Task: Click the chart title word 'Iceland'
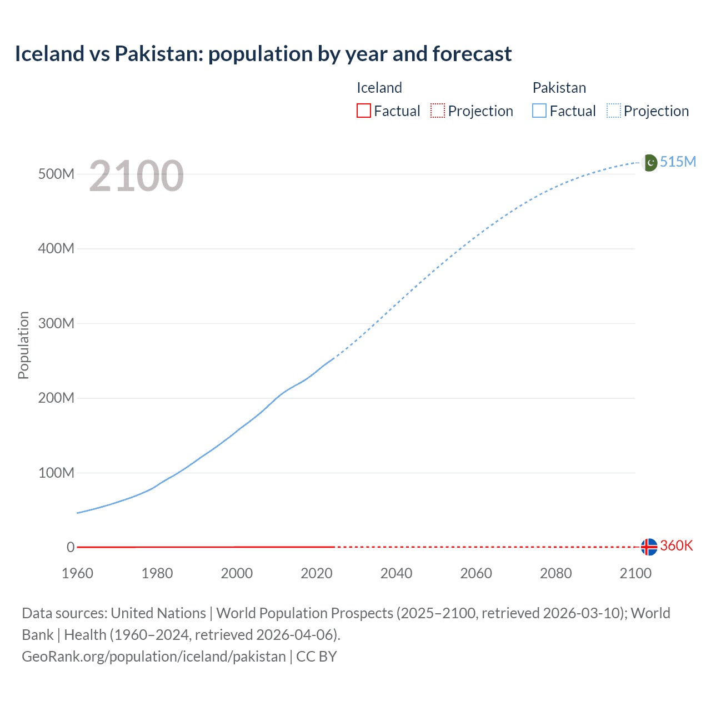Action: (x=49, y=54)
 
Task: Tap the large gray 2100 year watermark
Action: (x=136, y=176)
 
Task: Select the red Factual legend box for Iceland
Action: (x=363, y=111)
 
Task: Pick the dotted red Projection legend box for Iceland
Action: (x=438, y=111)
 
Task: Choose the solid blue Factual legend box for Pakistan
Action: (x=539, y=111)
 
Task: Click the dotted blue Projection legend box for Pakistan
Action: (x=613, y=111)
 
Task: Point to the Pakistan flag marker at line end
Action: (x=649, y=162)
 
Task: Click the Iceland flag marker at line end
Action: (x=649, y=547)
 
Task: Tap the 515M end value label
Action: (x=678, y=162)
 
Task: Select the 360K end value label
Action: (x=677, y=546)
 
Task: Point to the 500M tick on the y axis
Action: (x=56, y=174)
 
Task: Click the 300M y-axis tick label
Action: (x=56, y=323)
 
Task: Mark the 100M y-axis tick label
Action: (x=56, y=473)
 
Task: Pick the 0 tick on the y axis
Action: (x=71, y=547)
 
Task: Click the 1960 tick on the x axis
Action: (x=77, y=573)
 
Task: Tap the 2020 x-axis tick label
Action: (x=317, y=573)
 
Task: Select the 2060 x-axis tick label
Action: (x=476, y=573)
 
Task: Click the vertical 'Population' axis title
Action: (x=23, y=345)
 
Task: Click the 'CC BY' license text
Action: (x=317, y=657)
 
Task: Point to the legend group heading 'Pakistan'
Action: (x=559, y=88)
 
